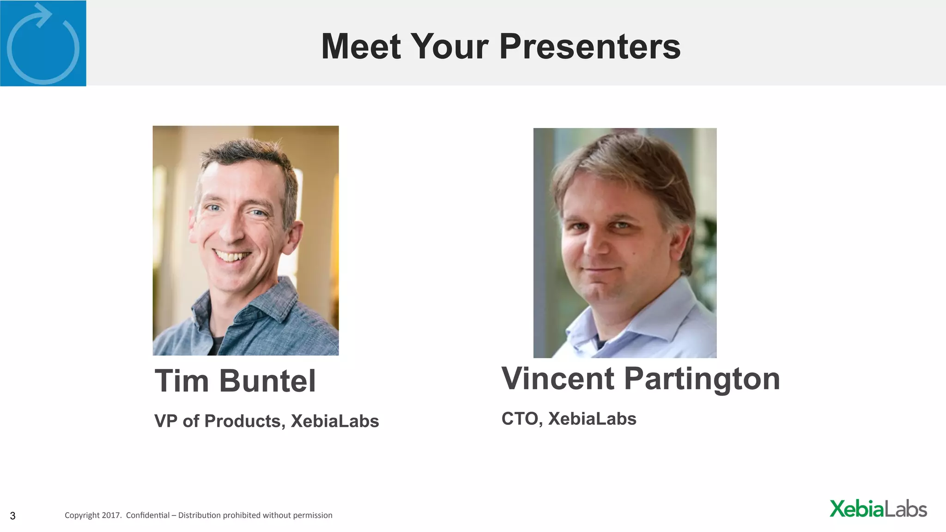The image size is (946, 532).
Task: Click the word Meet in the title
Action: pos(361,47)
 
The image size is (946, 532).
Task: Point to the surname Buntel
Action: pos(267,381)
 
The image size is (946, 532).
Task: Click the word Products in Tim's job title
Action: pos(243,421)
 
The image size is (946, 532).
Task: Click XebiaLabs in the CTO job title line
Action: pos(592,419)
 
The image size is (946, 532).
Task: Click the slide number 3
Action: pos(13,516)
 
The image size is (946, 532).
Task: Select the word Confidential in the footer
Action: pos(147,515)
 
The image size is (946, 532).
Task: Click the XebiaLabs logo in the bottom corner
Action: pos(878,509)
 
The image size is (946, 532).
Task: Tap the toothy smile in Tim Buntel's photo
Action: pos(232,255)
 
